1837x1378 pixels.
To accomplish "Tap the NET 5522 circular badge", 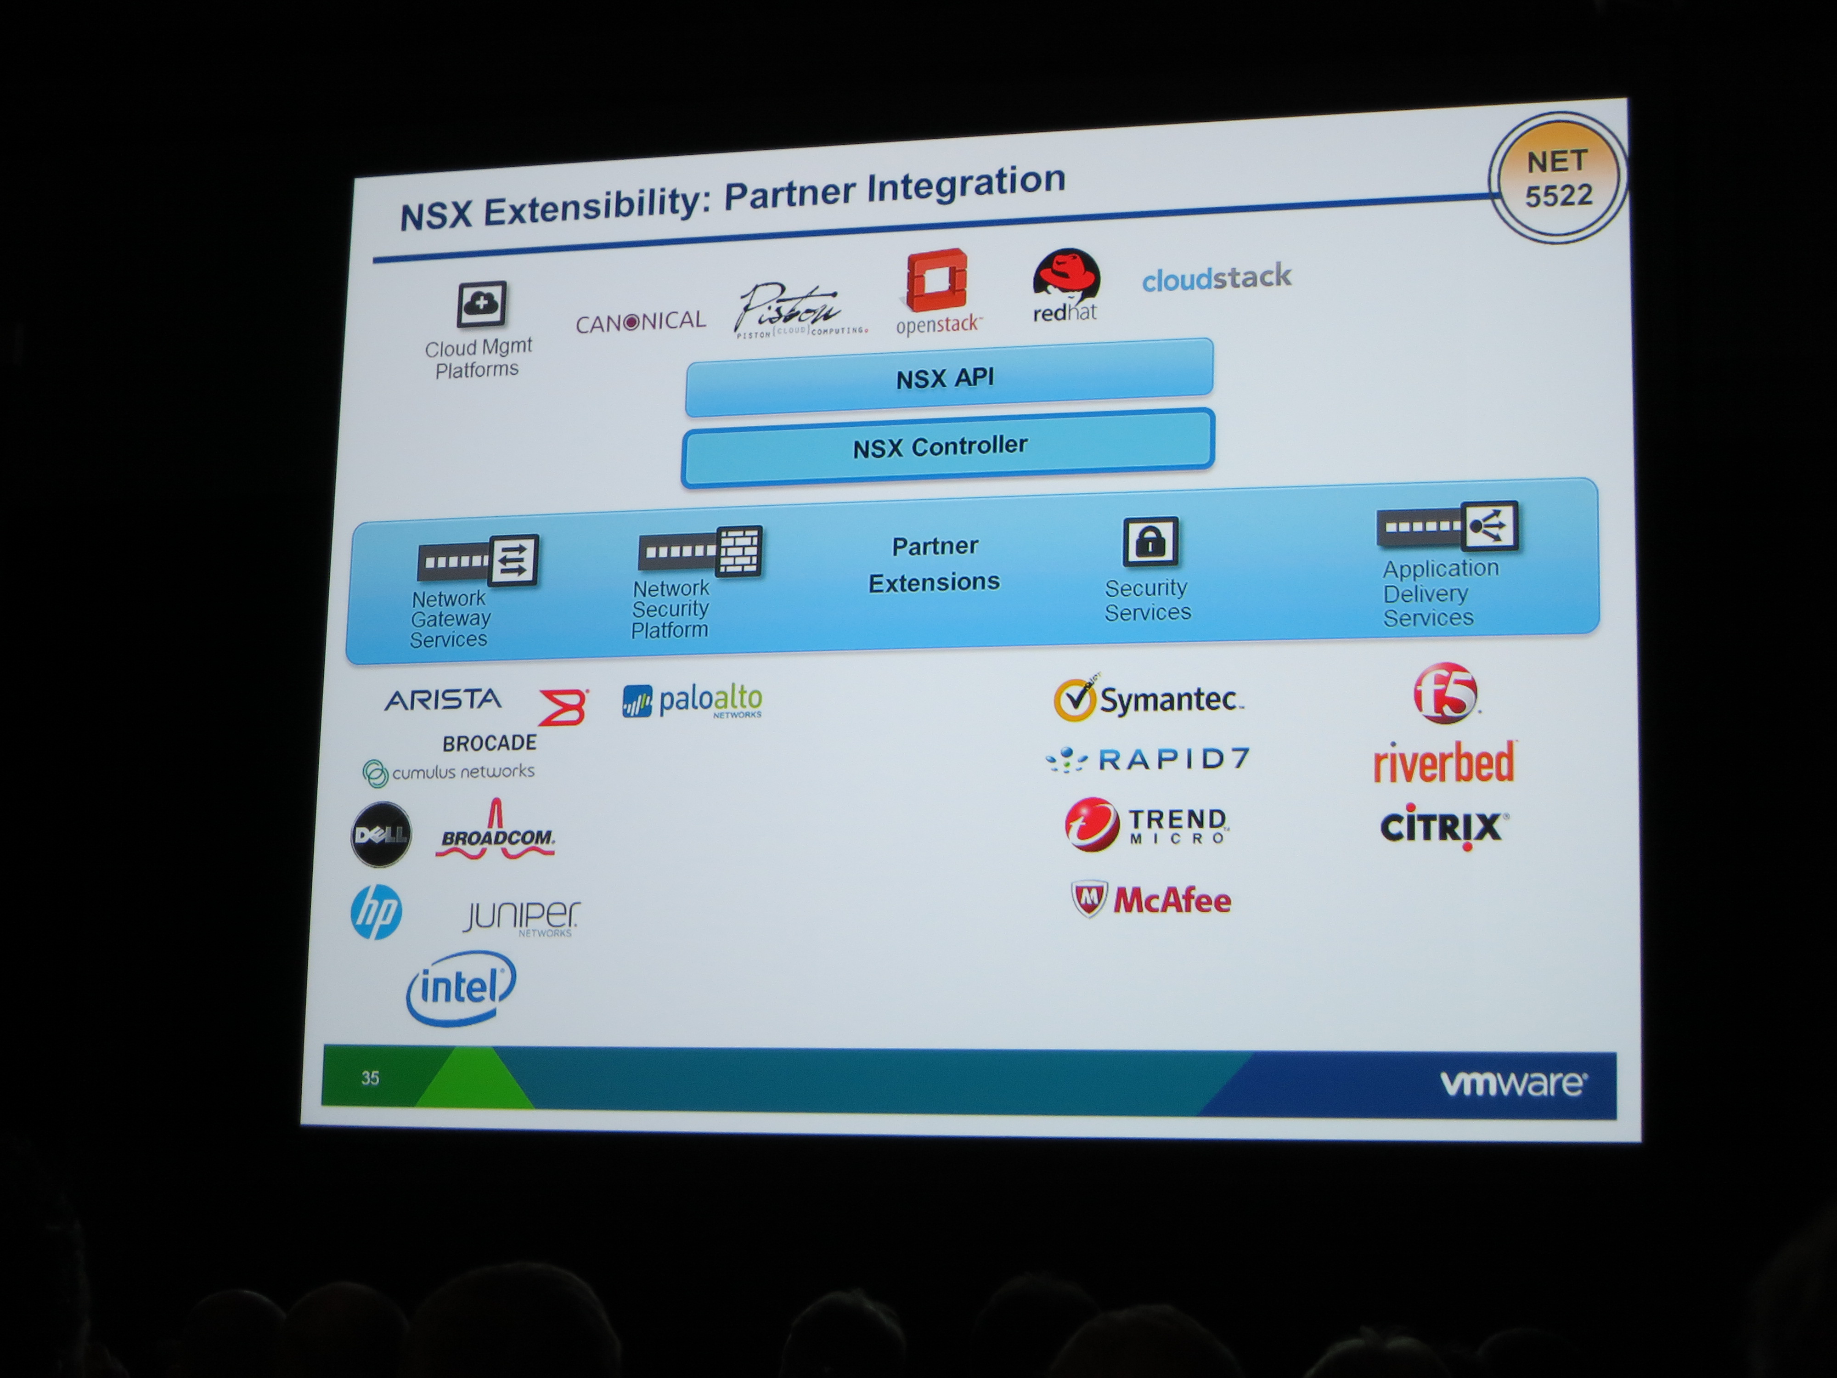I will click(x=1557, y=178).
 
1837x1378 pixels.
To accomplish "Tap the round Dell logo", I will click(x=380, y=834).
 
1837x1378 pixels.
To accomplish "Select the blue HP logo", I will click(x=376, y=912).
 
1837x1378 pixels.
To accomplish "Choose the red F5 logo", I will click(x=1445, y=693).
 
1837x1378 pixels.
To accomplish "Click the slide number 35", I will click(x=371, y=1077).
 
